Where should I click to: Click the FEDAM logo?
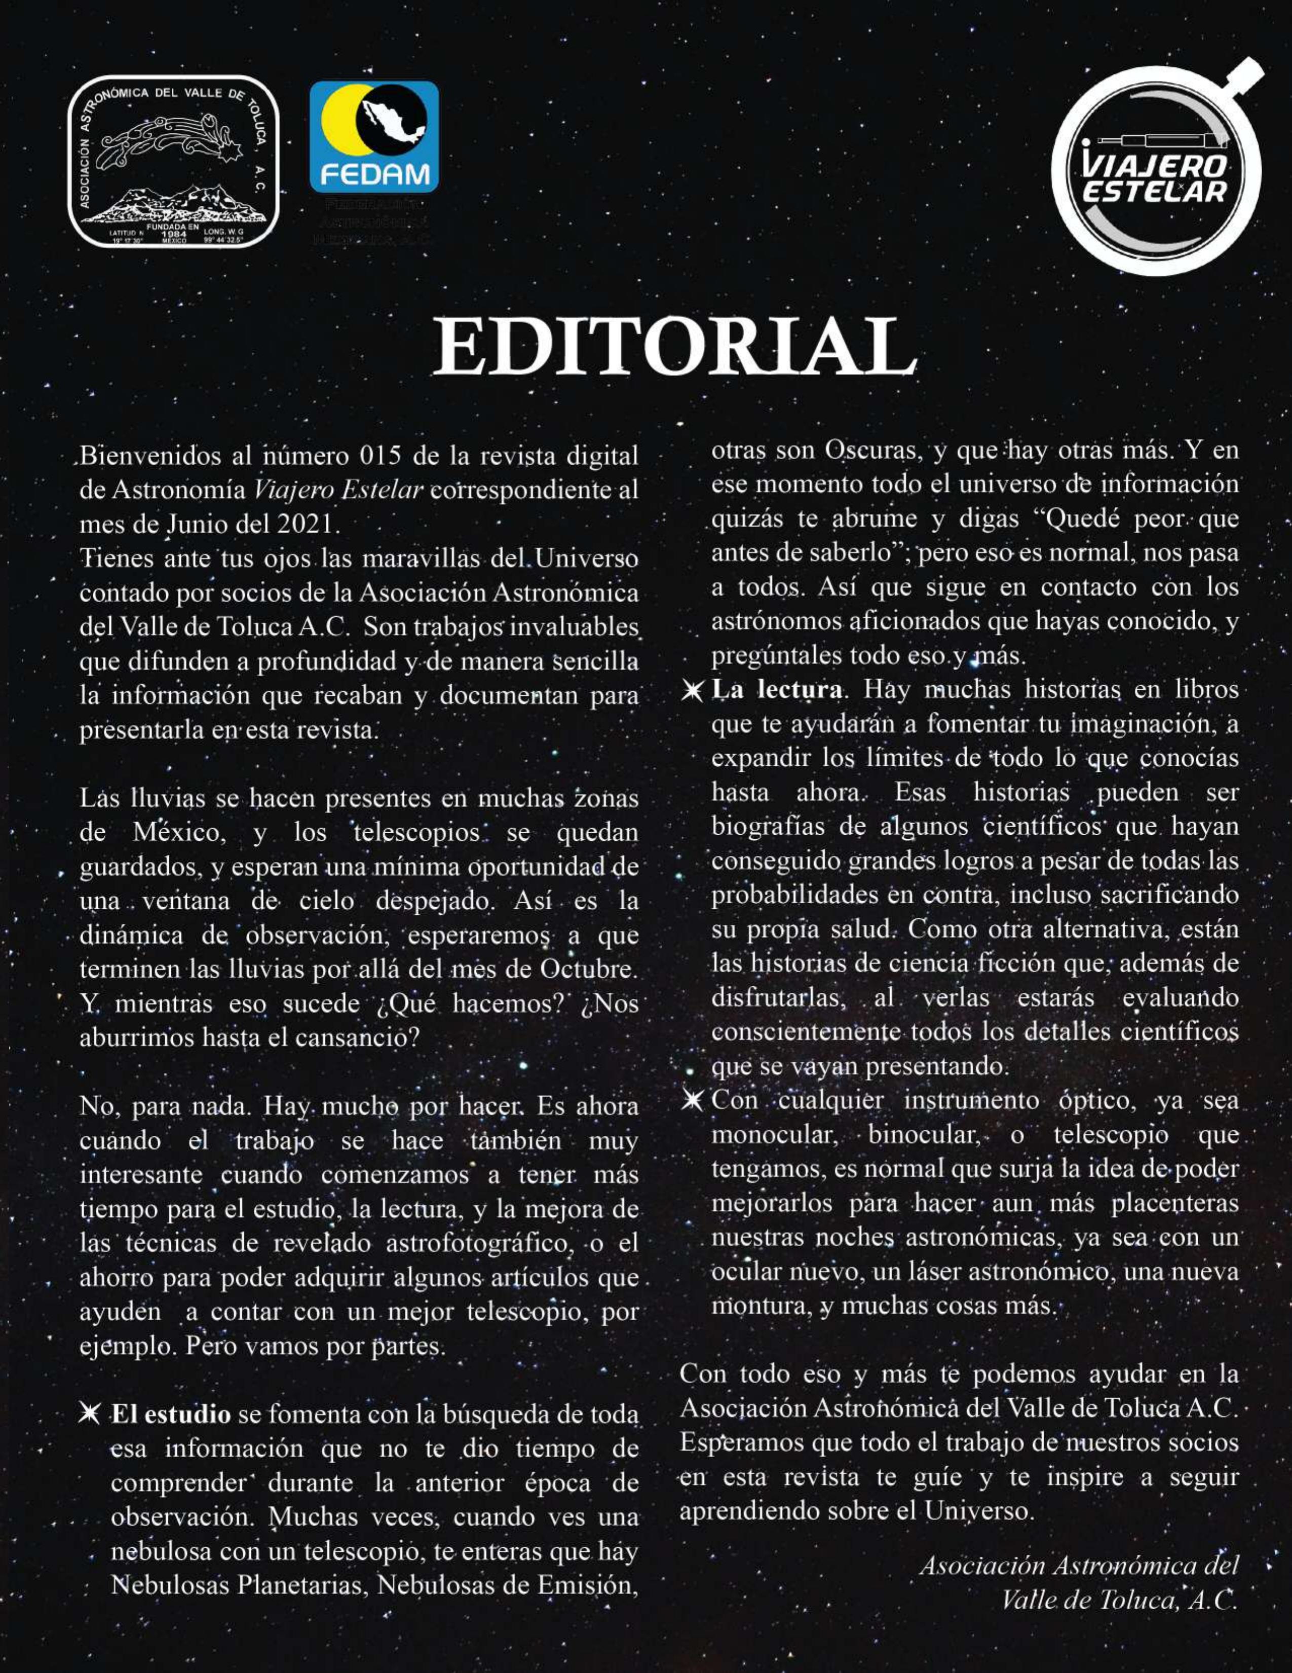tap(374, 137)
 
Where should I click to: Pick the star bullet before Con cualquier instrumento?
tap(693, 1100)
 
